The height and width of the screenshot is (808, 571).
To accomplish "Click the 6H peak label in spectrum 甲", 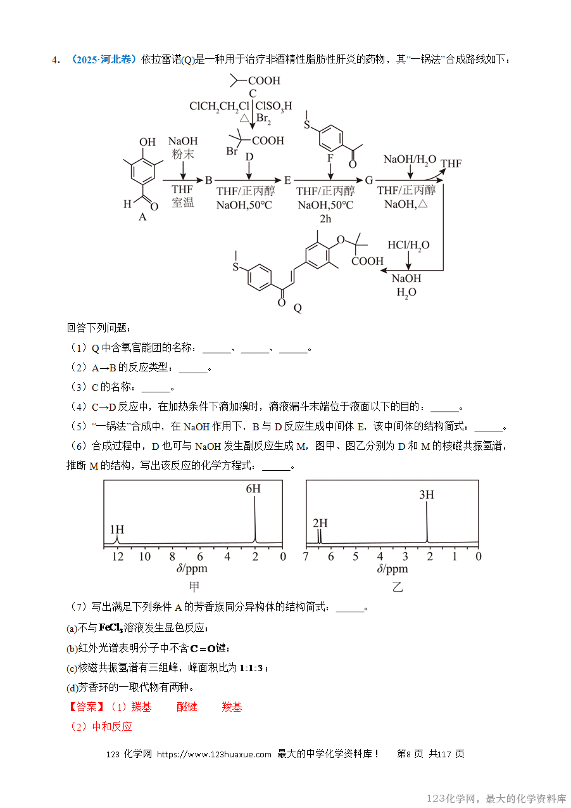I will click(x=253, y=489).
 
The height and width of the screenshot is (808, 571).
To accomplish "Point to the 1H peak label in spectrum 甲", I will click(x=116, y=529).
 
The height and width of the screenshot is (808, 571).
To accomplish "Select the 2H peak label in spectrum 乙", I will click(x=320, y=523).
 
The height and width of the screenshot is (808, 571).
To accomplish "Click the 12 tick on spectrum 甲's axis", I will click(x=118, y=556).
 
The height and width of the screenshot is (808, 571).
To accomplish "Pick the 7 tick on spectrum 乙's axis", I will click(x=306, y=556).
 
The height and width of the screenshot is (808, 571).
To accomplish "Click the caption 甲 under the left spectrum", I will click(x=194, y=587).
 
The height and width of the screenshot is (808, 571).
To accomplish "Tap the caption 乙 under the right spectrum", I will click(x=398, y=587).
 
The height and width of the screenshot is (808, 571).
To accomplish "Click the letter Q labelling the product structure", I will click(x=298, y=308).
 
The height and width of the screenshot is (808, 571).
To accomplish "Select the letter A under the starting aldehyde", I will click(x=142, y=217).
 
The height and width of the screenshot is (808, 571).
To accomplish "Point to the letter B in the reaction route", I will click(x=208, y=180).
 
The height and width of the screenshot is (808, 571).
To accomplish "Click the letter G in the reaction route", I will click(x=369, y=180).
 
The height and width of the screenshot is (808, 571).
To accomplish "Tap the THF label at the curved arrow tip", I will click(x=451, y=164).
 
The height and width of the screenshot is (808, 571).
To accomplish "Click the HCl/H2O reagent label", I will click(x=408, y=245).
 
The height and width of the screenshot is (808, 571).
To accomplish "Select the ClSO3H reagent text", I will click(x=273, y=106).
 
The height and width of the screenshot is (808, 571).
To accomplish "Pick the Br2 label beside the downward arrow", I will click(x=264, y=120).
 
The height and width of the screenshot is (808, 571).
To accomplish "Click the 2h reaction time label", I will click(x=325, y=218).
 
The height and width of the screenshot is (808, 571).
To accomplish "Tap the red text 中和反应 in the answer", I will click(x=112, y=726).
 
